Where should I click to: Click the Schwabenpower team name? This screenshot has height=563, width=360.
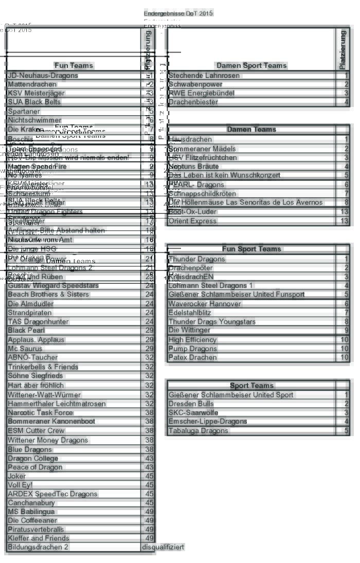pyautogui.click(x=195, y=84)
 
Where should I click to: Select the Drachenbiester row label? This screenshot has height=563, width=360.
pyautogui.click(x=193, y=102)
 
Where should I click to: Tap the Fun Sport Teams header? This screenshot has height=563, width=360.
pyautogui.click(x=251, y=249)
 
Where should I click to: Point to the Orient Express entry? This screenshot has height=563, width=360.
pyautogui.click(x=193, y=221)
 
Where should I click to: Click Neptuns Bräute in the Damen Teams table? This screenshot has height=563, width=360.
pyautogui.click(x=193, y=167)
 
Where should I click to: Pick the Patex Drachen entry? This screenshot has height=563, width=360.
pyautogui.click(x=193, y=357)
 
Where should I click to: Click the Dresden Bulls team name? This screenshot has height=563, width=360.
pyautogui.click(x=190, y=404)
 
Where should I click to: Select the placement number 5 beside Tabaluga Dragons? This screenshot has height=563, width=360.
pyautogui.click(x=346, y=431)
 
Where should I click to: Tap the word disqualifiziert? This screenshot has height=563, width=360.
pyautogui.click(x=163, y=547)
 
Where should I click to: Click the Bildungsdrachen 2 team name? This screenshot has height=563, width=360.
pyautogui.click(x=38, y=547)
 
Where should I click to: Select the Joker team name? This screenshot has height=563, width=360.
pyautogui.click(x=17, y=476)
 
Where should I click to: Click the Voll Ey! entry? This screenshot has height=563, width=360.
pyautogui.click(x=20, y=485)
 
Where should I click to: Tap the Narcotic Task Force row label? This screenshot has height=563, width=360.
pyautogui.click(x=41, y=412)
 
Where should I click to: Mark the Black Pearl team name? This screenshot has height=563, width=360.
pyautogui.click(x=24, y=330)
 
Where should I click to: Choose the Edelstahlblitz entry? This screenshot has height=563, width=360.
pyautogui.click(x=190, y=313)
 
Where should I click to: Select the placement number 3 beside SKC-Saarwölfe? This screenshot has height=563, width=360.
pyautogui.click(x=346, y=413)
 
